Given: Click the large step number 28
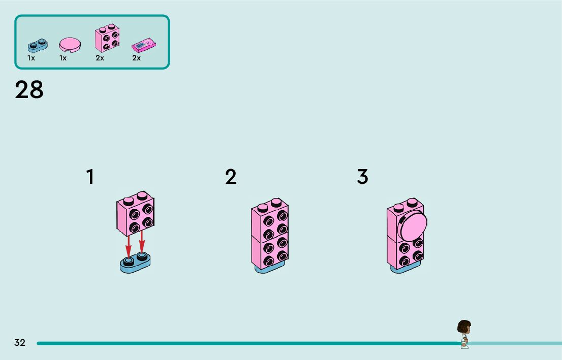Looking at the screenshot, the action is [29, 90].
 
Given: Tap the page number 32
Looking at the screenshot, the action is [20, 343].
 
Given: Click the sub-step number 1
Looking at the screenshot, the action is [90, 177].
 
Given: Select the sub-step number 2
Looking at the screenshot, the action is [231, 177].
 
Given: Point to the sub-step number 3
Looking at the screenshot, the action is [362, 177].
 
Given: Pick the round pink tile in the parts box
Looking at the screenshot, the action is [70, 45].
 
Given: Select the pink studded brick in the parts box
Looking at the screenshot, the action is [107, 38].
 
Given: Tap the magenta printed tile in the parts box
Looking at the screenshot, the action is [143, 46].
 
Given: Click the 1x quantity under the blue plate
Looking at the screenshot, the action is [32, 58].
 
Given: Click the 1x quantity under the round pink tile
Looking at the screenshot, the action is [63, 58].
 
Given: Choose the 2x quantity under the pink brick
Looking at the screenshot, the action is [100, 58].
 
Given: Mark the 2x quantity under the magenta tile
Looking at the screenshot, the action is [136, 58].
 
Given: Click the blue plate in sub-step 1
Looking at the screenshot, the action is [135, 263].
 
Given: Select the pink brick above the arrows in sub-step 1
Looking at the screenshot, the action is [135, 214].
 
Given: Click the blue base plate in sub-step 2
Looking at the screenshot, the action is [269, 268].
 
